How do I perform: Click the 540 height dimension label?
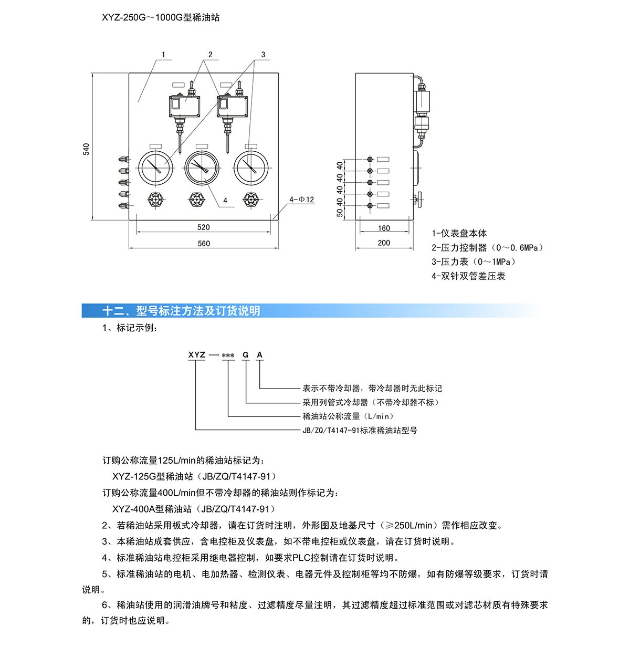pos(86,149)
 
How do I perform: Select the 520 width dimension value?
pos(204,227)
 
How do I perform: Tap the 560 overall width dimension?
pos(204,244)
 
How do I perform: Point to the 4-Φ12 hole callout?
pos(301,200)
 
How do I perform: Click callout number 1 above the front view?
pos(164,55)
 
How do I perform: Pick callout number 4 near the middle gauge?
pos(225,201)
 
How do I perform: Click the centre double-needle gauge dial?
pos(202,168)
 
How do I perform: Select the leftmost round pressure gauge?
pos(155,168)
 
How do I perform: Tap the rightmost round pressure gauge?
pos(251,168)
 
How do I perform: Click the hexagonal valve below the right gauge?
pos(251,200)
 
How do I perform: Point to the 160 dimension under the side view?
pos(384,228)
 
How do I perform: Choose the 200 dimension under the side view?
pos(384,243)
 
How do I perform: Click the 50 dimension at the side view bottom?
pos(340,213)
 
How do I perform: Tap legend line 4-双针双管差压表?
pos(468,276)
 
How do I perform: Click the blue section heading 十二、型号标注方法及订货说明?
pos(182,311)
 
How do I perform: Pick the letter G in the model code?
pos(246,354)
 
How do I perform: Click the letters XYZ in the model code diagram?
pos(197,354)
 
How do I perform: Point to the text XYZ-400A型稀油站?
pos(152,509)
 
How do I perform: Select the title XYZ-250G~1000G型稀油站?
pos(161,17)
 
